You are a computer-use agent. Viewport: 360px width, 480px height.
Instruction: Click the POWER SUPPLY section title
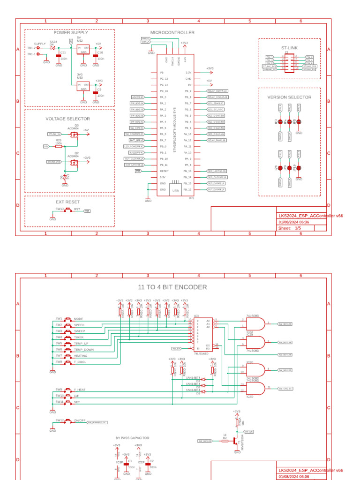70,33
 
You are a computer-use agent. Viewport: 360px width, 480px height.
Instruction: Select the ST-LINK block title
289,48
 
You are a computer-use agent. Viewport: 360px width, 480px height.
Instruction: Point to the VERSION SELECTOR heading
289,97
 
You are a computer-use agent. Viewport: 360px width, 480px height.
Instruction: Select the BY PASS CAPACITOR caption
133,438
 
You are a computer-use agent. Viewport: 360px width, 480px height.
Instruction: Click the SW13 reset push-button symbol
64,211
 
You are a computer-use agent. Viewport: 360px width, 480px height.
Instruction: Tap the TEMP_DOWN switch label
83,350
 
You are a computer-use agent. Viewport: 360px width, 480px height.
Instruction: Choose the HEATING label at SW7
81,356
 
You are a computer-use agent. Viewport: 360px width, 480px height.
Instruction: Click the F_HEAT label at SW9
80,390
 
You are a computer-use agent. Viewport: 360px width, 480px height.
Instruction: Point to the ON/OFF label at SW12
80,420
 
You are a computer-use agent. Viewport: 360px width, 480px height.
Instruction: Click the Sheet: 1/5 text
290,228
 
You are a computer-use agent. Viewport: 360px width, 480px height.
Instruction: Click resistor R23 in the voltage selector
59,146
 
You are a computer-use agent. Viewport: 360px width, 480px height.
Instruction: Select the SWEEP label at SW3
79,331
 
